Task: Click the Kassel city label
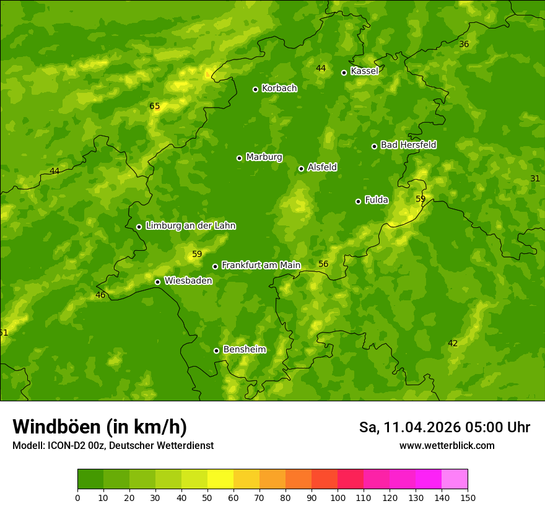point(364,71)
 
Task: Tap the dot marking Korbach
point(255,89)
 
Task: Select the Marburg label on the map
point(264,157)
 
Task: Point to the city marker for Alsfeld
point(301,168)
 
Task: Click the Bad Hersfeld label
point(408,145)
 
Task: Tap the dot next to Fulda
point(358,201)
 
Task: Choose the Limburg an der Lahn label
point(190,226)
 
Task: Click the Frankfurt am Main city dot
point(216,266)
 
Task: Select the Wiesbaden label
point(188,281)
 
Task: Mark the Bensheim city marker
point(216,351)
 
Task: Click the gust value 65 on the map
point(155,107)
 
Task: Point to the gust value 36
point(464,44)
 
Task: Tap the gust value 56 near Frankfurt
point(323,264)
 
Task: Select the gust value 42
point(453,344)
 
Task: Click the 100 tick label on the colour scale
point(338,498)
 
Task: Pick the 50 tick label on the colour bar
point(207,498)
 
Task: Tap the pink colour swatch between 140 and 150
point(455,479)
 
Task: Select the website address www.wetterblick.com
point(447,446)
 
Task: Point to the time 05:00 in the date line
point(481,427)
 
